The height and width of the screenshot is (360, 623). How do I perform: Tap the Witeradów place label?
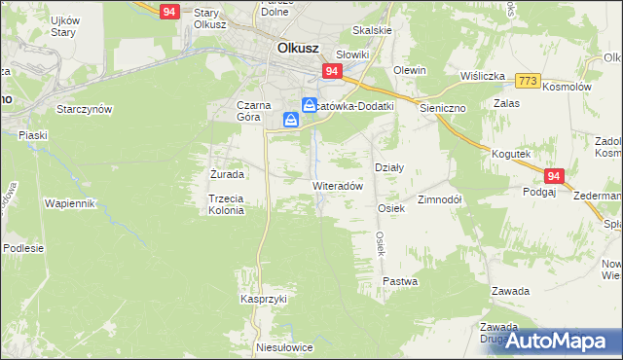pos(338,185)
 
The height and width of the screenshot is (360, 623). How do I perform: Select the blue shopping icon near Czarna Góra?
pos(291,120)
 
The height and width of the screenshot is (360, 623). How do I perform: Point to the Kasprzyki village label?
pos(264,300)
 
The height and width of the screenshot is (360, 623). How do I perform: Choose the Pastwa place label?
pos(400,281)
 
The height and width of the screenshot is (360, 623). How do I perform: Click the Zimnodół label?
pos(439,198)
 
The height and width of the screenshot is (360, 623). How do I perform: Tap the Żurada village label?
pos(227,175)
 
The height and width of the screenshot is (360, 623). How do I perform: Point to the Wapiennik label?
pos(69,203)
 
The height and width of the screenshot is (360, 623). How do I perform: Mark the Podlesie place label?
pos(23,248)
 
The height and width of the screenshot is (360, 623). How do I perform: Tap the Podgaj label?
pos(538,193)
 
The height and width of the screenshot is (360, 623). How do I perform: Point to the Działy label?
pos(389,167)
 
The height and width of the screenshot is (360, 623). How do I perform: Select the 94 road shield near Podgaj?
pos(554,176)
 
